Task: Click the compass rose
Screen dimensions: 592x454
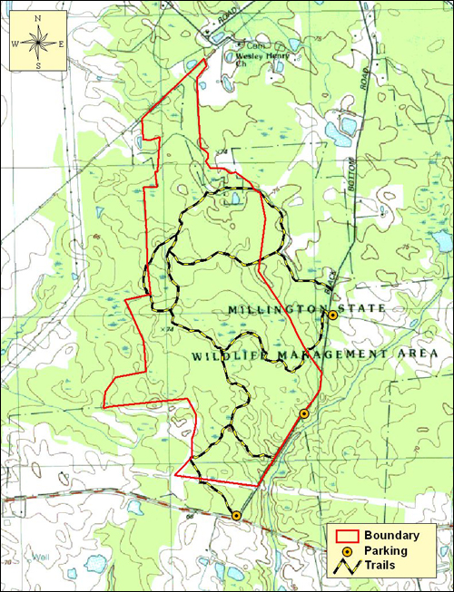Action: (37, 40)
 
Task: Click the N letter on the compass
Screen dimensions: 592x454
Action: (37, 15)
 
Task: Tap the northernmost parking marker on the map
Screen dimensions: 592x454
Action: (333, 315)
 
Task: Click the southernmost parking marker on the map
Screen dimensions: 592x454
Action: (236, 515)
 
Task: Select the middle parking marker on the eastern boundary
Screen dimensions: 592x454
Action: (304, 413)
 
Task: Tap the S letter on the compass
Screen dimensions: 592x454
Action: (37, 65)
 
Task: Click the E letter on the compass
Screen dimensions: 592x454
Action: (61, 42)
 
